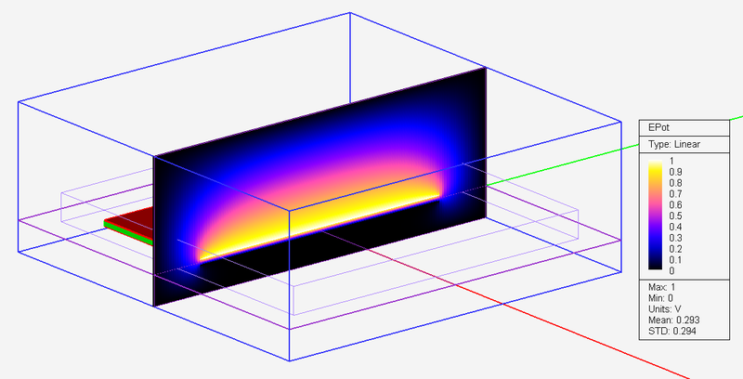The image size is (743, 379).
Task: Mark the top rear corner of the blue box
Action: click(349, 13)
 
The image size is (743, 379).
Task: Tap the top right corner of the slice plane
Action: click(486, 69)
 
